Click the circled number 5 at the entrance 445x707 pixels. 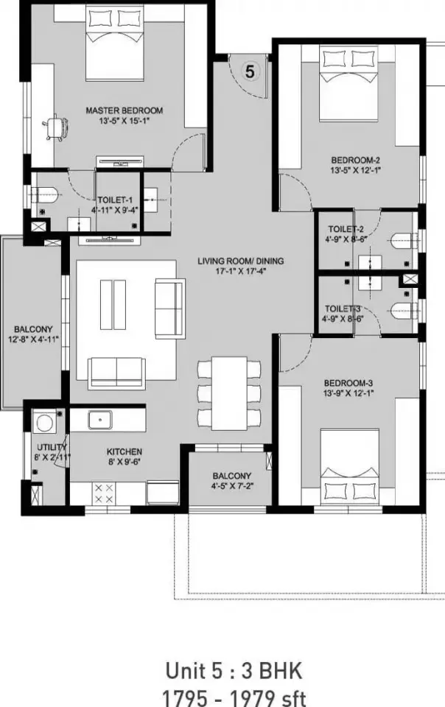click(250, 71)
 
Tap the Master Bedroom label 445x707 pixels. click(125, 110)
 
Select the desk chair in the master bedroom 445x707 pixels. click(56, 127)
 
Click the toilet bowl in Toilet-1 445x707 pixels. click(46, 195)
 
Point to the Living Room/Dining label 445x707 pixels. click(241, 261)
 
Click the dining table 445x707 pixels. click(229, 393)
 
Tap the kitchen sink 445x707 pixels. click(99, 420)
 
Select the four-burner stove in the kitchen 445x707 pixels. click(104, 493)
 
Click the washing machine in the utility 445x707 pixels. click(45, 422)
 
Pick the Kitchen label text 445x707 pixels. click(125, 451)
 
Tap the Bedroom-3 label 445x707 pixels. click(348, 383)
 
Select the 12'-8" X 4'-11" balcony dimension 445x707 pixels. click(33, 340)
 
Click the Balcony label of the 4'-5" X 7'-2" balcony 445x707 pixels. click(232, 476)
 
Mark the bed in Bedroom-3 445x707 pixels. click(349, 468)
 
